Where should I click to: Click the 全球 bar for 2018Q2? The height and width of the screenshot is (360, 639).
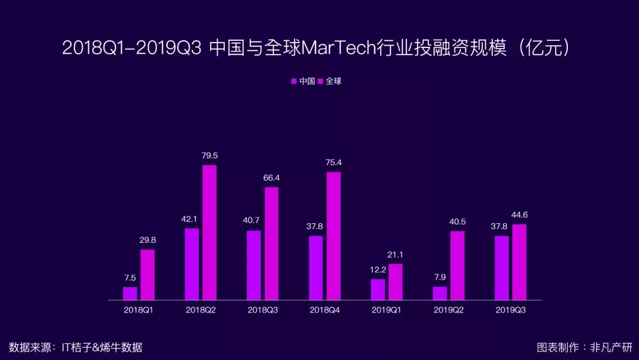pos(209,232)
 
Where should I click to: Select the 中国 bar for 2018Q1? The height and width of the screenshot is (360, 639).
pos(130,293)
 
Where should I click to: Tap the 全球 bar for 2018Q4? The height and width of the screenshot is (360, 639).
pos(333,236)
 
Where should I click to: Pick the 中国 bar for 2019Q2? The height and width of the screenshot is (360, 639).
pos(440,293)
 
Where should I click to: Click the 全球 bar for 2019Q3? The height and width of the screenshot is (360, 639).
pos(519,262)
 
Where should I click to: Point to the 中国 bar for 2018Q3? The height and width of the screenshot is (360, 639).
pos(254,265)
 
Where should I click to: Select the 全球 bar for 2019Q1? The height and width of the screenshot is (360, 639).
pos(395,282)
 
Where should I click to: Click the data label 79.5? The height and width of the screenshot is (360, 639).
pos(209,156)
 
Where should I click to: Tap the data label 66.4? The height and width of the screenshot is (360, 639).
pos(272,178)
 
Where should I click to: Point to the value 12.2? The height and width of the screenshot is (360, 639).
pos(377,270)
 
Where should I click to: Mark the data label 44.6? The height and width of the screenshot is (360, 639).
pos(519,214)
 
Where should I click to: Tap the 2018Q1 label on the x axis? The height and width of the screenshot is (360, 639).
pos(138,310)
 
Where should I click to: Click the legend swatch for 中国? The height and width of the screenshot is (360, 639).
pos(293,81)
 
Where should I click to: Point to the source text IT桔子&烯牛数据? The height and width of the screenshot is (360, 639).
pos(102,347)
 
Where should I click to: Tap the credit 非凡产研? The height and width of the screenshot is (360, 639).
pos(611,347)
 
